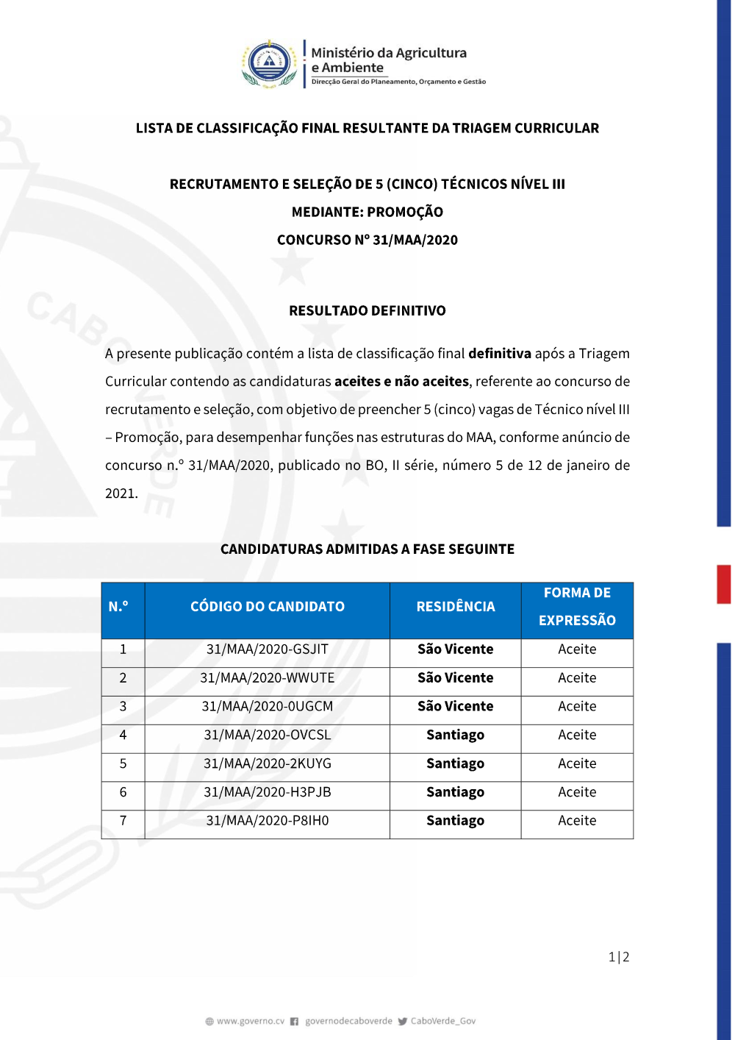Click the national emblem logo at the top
270,64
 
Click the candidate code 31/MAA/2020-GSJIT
268,649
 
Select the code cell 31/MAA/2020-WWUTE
268,678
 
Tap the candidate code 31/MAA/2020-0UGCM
268,707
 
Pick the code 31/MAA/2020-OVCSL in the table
268,736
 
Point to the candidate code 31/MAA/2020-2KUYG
268,764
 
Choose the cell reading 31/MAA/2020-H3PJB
268,793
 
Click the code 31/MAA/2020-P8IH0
268,821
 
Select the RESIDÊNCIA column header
456,607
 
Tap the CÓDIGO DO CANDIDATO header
268,607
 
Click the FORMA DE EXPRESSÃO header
577,607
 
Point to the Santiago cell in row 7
456,821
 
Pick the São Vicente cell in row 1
456,649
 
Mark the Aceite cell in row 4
577,736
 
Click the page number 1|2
619,957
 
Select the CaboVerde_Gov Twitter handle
442,1021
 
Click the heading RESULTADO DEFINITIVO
367,311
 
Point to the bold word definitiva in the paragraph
500,354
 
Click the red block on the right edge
724,584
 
